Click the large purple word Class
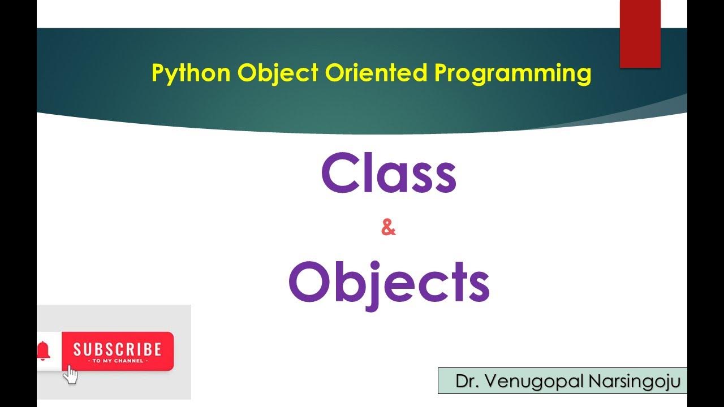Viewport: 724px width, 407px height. [389, 175]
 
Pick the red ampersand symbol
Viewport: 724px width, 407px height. [389, 229]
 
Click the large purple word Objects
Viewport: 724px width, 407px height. [389, 283]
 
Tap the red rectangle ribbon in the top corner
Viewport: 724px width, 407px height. [640, 34]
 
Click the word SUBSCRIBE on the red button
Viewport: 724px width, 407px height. [117, 349]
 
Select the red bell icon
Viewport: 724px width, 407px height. [43, 350]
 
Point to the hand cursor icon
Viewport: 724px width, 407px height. [71, 374]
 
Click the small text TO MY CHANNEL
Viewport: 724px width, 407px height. [117, 361]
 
